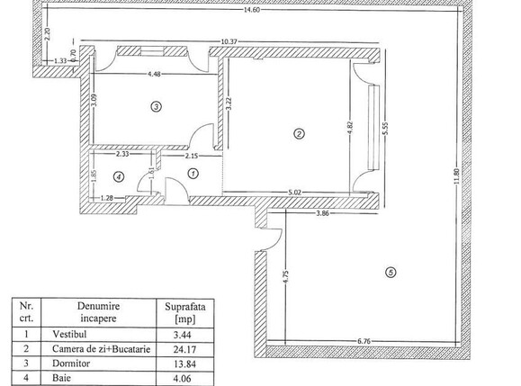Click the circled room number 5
pos(390,274)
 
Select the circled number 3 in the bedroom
pos(156,106)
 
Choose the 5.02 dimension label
pos(293,191)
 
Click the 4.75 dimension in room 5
pos(284,277)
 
